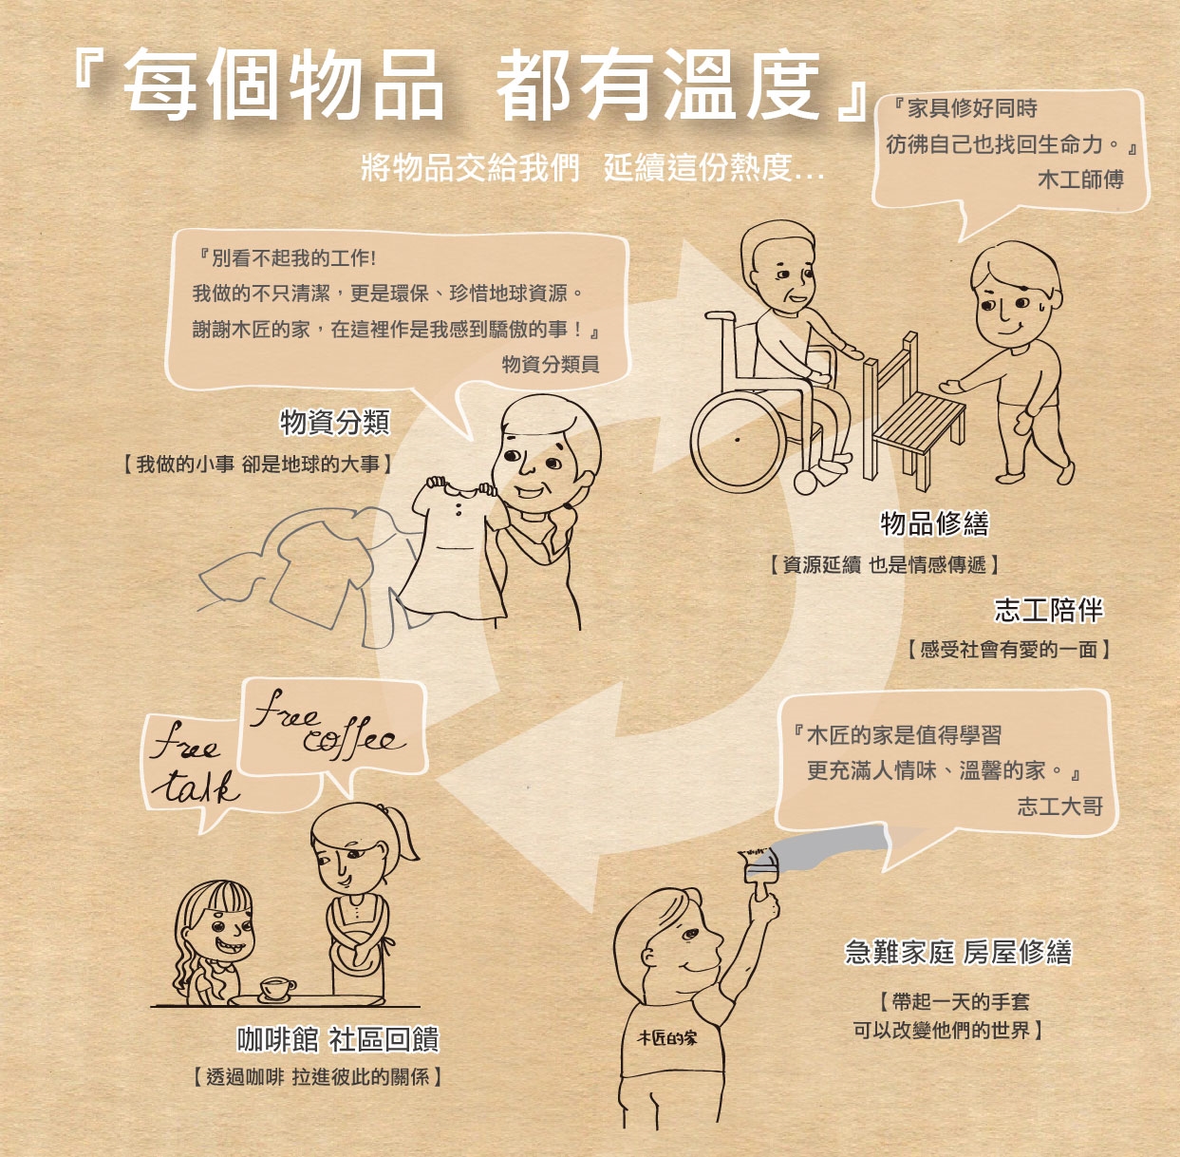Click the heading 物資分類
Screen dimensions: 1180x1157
coord(335,422)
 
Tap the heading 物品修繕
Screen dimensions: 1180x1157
coord(934,523)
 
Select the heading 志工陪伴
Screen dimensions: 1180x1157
coord(1048,610)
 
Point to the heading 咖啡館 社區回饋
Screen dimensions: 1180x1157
coord(338,1039)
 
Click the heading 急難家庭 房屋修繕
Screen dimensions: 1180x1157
coord(959,953)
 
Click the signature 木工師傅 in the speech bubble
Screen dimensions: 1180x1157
coord(1081,180)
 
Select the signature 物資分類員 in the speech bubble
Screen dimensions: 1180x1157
coord(551,364)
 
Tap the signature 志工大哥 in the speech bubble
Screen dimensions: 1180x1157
coord(1060,806)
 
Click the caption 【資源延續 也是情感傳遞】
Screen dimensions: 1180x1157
coord(884,564)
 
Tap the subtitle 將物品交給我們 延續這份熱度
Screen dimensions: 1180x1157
coord(592,167)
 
